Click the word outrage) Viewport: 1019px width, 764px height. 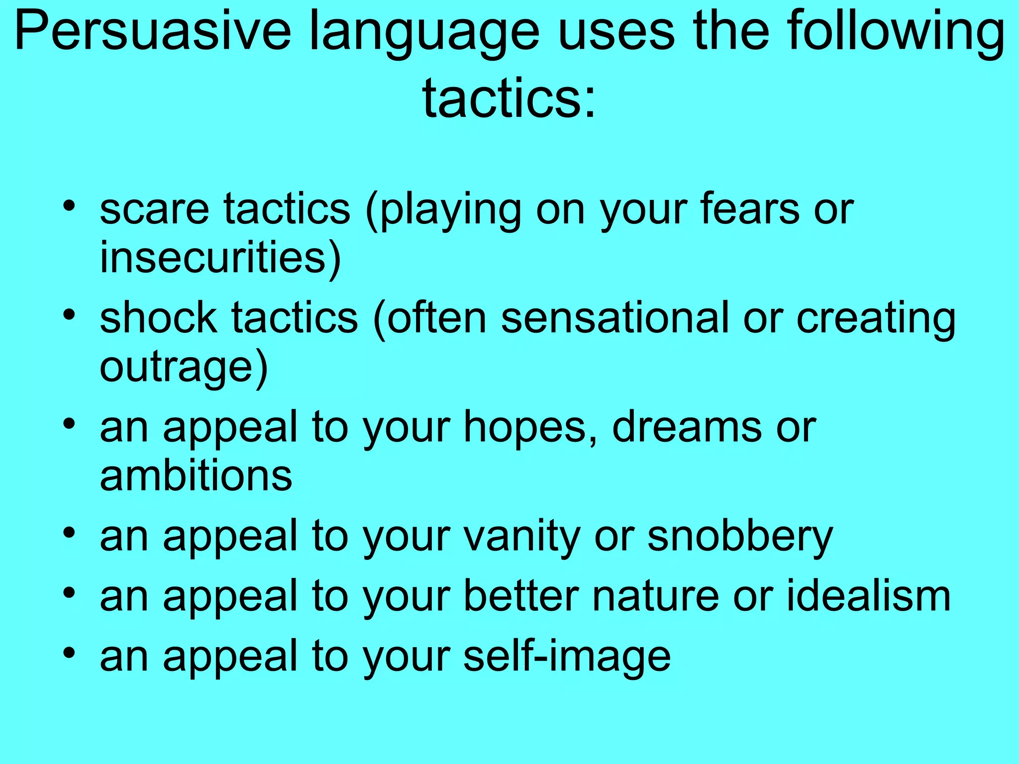(x=184, y=368)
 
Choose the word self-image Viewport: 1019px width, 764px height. (x=567, y=656)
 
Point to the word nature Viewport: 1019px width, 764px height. (x=657, y=596)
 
